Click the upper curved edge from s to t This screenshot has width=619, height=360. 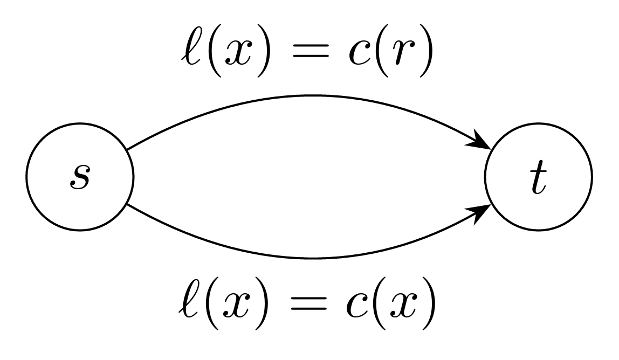tap(307, 96)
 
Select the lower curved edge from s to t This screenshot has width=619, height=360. tap(307, 258)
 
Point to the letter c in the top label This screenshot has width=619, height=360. tap(359, 57)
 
